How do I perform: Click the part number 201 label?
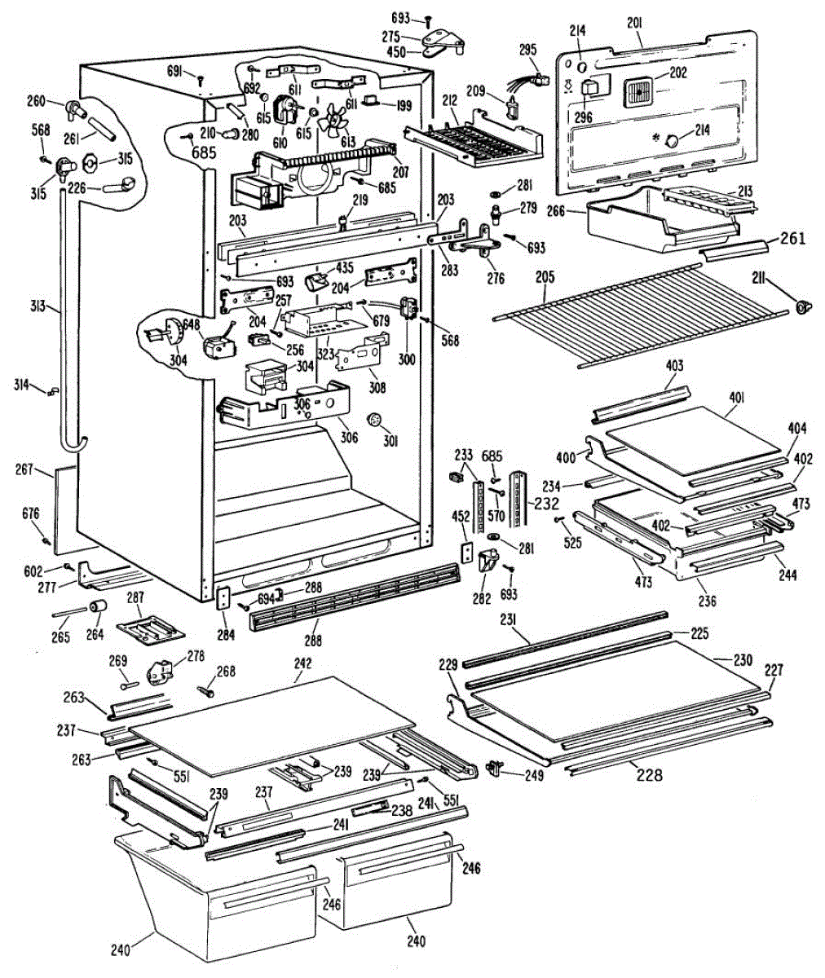coord(634,24)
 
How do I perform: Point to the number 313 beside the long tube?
coord(38,306)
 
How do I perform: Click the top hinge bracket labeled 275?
coord(443,40)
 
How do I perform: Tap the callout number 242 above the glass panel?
coord(302,663)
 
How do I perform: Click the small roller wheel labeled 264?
coord(98,606)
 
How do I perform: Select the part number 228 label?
coord(650,775)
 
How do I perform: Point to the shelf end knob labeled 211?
coord(803,306)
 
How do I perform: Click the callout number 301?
coord(390,441)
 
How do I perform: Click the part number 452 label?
coord(461,516)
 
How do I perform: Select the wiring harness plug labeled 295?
coord(528,85)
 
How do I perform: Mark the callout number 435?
coord(345,268)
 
